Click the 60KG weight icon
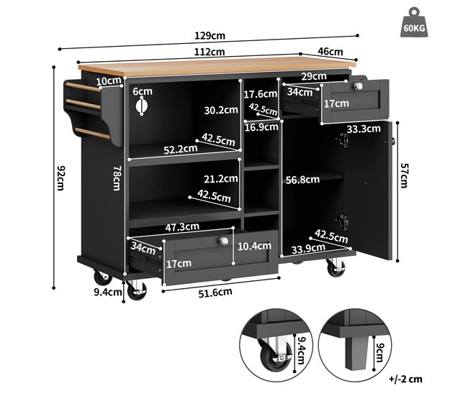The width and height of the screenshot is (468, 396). pyautogui.click(x=414, y=23)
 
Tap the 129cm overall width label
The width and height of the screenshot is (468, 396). pyautogui.click(x=210, y=36)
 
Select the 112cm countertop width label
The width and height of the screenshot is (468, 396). pyautogui.click(x=210, y=52)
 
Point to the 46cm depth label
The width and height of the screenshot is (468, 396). pyautogui.click(x=330, y=52)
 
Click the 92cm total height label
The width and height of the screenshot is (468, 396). pyautogui.click(x=60, y=178)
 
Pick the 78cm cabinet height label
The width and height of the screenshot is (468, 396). pyautogui.click(x=117, y=178)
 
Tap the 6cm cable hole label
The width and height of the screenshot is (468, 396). pyautogui.click(x=143, y=91)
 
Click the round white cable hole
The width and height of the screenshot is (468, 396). pyautogui.click(x=141, y=106)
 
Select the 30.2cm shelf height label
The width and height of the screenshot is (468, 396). pyautogui.click(x=221, y=110)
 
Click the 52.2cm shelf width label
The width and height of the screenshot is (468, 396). pyautogui.click(x=181, y=149)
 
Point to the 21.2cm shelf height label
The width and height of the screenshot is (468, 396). pyautogui.click(x=221, y=179)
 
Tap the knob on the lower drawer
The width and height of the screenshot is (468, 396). pyautogui.click(x=223, y=241)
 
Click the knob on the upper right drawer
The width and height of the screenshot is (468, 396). pyautogui.click(x=358, y=86)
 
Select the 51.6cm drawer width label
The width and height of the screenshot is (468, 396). pyautogui.click(x=215, y=293)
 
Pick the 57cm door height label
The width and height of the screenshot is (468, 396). pyautogui.click(x=403, y=175)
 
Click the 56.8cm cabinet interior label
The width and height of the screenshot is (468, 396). pyautogui.click(x=302, y=180)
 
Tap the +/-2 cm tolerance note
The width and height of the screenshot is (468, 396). pyautogui.click(x=405, y=379)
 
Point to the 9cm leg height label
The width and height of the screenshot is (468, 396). pyautogui.click(x=379, y=352)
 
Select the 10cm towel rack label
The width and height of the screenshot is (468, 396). pyautogui.click(x=109, y=80)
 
